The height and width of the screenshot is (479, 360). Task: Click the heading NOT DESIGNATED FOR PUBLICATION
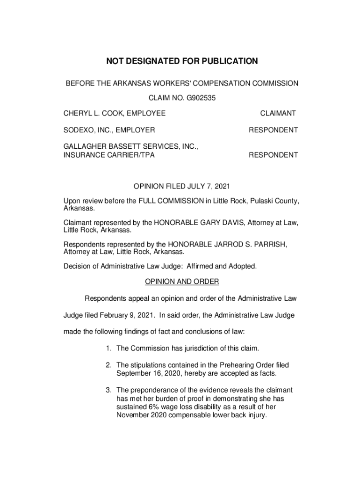[182, 61]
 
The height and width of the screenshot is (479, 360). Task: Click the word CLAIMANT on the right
[278, 113]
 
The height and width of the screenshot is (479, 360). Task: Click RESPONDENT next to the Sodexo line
[273, 130]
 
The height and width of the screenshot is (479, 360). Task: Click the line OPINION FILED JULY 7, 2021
[181, 186]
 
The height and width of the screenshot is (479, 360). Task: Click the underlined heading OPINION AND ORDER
[181, 282]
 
